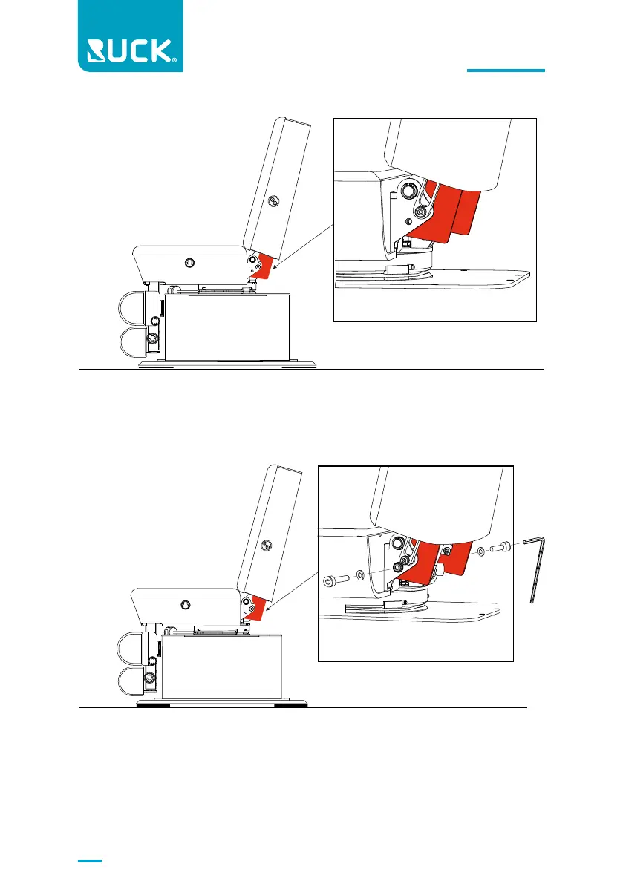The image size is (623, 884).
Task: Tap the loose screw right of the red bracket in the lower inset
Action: pos(499,547)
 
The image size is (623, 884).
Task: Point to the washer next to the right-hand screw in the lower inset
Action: pos(482,551)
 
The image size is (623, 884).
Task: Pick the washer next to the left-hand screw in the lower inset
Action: pos(360,574)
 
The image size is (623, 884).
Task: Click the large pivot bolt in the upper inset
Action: pos(408,191)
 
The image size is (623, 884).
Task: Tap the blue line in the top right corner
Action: pos(506,71)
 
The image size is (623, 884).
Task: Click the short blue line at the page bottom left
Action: pos(90,862)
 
